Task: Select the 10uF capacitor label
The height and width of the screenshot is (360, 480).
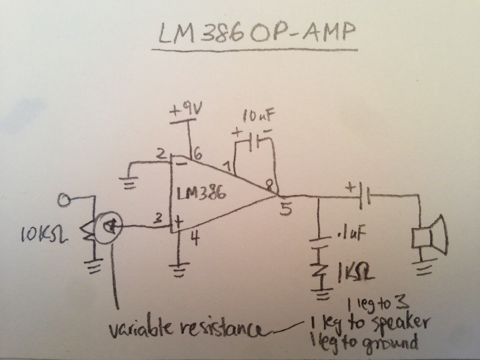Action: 259,116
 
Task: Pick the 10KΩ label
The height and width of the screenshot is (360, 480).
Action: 44,235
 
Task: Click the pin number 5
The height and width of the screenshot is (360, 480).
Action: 286,209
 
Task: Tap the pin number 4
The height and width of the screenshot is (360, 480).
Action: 195,238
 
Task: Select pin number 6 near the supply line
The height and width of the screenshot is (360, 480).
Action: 198,155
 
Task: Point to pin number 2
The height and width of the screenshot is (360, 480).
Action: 161,154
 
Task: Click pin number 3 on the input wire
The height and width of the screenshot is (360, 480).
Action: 158,219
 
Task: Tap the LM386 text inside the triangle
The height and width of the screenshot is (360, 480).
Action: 202,193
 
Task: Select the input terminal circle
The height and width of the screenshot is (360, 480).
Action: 64,200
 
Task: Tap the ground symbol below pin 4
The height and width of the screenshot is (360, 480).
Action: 178,269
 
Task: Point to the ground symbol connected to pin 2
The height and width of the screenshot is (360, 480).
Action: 131,184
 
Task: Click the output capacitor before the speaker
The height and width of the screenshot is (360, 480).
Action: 364,196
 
